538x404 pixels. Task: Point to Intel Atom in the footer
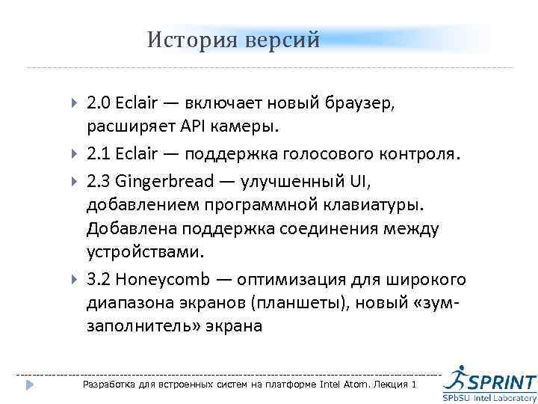(x=339, y=385)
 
